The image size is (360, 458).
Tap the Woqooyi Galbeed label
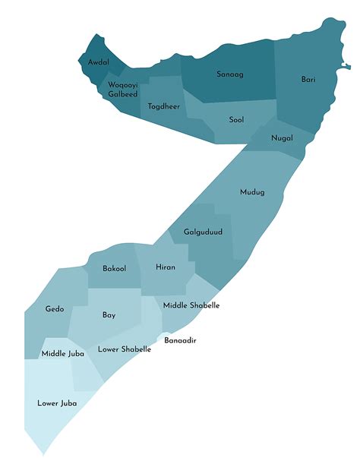point(122,89)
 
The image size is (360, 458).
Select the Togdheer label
point(164,106)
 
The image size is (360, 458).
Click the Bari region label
point(308,79)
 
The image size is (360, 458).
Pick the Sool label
point(237,119)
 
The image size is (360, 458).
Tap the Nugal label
point(282,137)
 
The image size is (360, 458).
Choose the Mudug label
point(252,192)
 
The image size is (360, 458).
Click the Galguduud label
point(204,232)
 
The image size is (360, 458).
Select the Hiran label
point(166,267)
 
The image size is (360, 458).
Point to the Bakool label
point(115,268)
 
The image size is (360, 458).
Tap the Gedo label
point(55,309)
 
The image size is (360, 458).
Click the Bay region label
point(109,314)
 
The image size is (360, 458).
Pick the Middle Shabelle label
point(191,305)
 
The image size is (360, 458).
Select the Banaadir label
point(181,340)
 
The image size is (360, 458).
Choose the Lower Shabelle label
point(125,349)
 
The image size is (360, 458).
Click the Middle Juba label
point(63,354)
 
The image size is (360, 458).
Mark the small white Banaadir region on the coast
point(162,336)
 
